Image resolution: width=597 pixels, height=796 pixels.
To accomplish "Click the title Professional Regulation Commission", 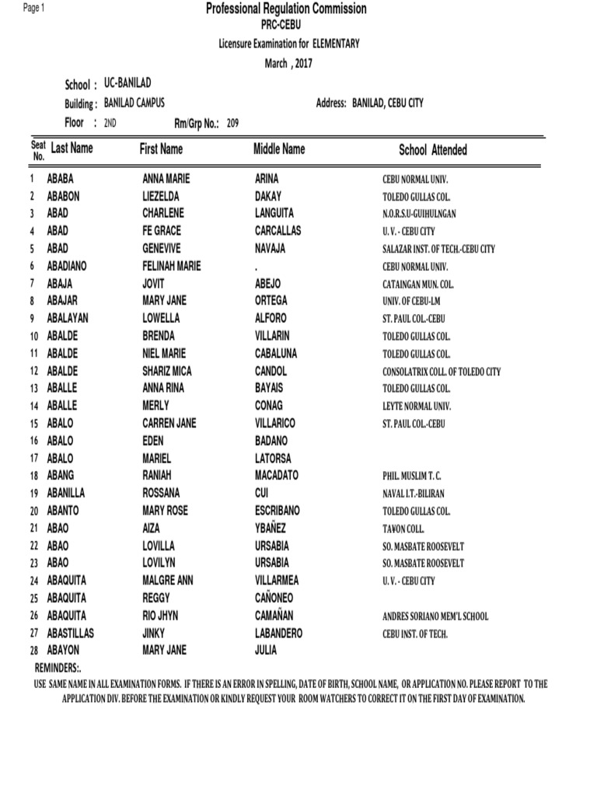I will [x=285, y=9].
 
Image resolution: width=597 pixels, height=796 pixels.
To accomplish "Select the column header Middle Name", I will [x=279, y=148].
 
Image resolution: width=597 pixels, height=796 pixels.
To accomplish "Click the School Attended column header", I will [x=433, y=150].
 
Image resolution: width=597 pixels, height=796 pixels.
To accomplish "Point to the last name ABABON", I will [x=63, y=197].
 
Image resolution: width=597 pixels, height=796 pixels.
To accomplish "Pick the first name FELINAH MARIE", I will [x=171, y=266].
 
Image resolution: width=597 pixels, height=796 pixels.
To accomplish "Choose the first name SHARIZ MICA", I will [x=167, y=371].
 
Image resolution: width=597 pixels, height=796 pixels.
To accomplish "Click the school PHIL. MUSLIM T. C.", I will [x=417, y=476].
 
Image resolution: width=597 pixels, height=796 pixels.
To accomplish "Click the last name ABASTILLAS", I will [x=71, y=633].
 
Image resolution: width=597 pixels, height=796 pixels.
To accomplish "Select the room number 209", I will [x=232, y=123].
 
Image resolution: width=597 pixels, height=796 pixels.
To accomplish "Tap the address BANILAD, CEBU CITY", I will [x=388, y=103].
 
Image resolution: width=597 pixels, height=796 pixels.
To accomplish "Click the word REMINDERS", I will [x=58, y=668].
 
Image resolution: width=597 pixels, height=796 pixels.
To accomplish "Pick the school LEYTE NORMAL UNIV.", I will [x=417, y=407].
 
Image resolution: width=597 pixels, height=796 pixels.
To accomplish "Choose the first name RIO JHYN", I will [x=160, y=616].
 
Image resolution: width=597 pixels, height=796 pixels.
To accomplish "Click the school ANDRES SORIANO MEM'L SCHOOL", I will [x=435, y=616].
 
